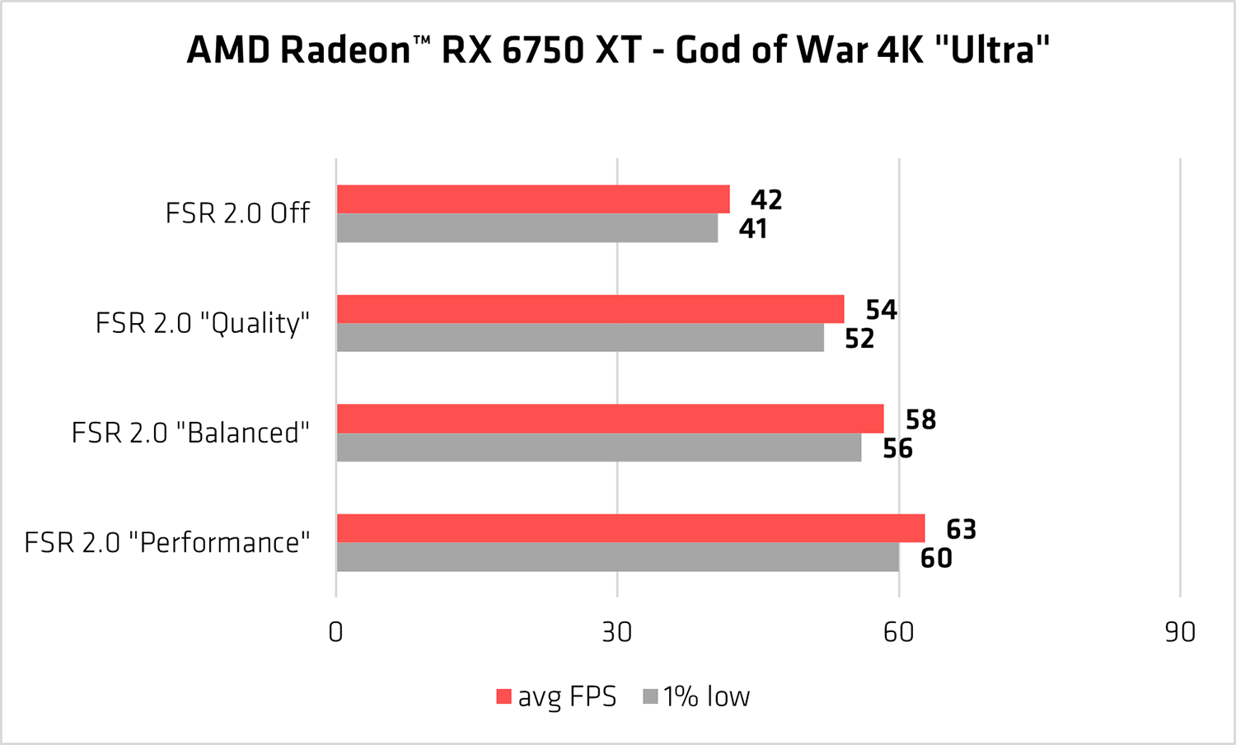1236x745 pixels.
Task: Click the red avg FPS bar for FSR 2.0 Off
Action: (533, 199)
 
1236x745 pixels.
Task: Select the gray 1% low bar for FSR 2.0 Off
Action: (527, 228)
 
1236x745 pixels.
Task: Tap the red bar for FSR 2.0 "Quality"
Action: (590, 309)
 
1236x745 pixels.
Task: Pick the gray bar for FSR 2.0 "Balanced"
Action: (599, 447)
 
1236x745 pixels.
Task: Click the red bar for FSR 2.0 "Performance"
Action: (630, 528)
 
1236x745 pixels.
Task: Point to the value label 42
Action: (766, 200)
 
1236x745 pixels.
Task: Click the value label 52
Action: (859, 339)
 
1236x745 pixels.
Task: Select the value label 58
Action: (920, 419)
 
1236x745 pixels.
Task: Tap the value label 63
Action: (961, 529)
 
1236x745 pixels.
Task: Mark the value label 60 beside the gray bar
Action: (936, 558)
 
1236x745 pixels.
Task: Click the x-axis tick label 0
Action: (335, 632)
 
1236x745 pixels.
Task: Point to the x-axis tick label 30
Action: (616, 632)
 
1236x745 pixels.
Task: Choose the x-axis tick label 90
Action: (1180, 632)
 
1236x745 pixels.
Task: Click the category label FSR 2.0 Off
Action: (237, 213)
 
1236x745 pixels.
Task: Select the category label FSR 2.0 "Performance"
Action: (167, 543)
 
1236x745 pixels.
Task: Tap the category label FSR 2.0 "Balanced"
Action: (190, 433)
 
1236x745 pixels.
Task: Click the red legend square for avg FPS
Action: (503, 697)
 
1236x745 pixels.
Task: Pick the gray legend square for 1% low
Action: (650, 697)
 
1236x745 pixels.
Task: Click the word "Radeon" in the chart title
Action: (345, 50)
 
